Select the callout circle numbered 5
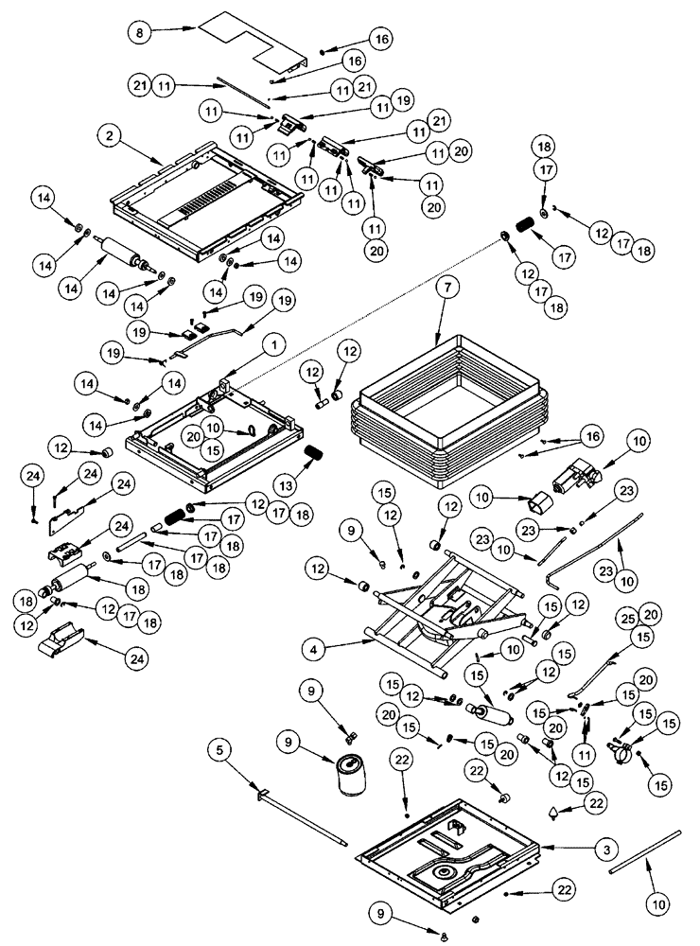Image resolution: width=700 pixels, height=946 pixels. [219, 753]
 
